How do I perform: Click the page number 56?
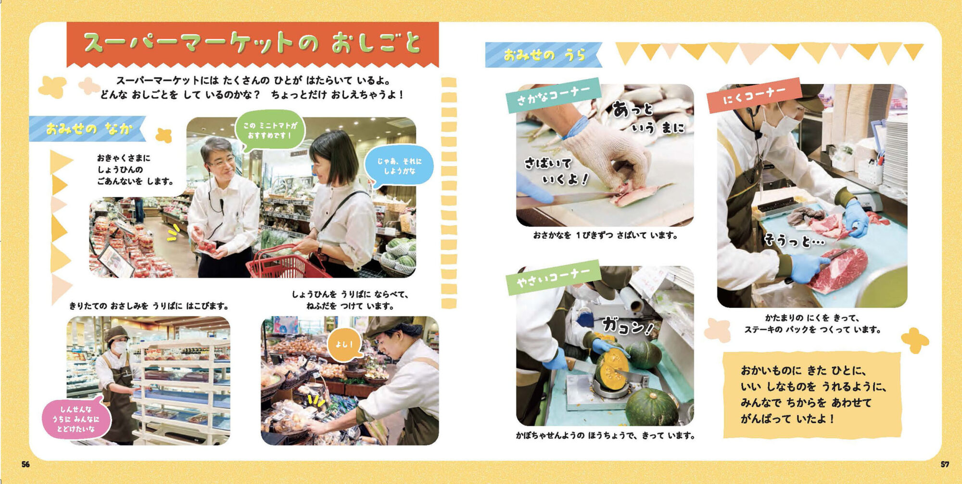coord(25,464)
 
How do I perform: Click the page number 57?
coord(945,464)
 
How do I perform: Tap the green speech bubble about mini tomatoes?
coord(270,130)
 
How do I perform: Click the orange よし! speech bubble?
coord(344,345)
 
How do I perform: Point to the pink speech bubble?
coord(76,419)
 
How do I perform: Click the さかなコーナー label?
coord(553,95)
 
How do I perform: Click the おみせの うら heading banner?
coord(544,55)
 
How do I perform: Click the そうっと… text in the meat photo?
coord(794,240)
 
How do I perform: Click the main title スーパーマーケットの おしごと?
coord(253,43)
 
